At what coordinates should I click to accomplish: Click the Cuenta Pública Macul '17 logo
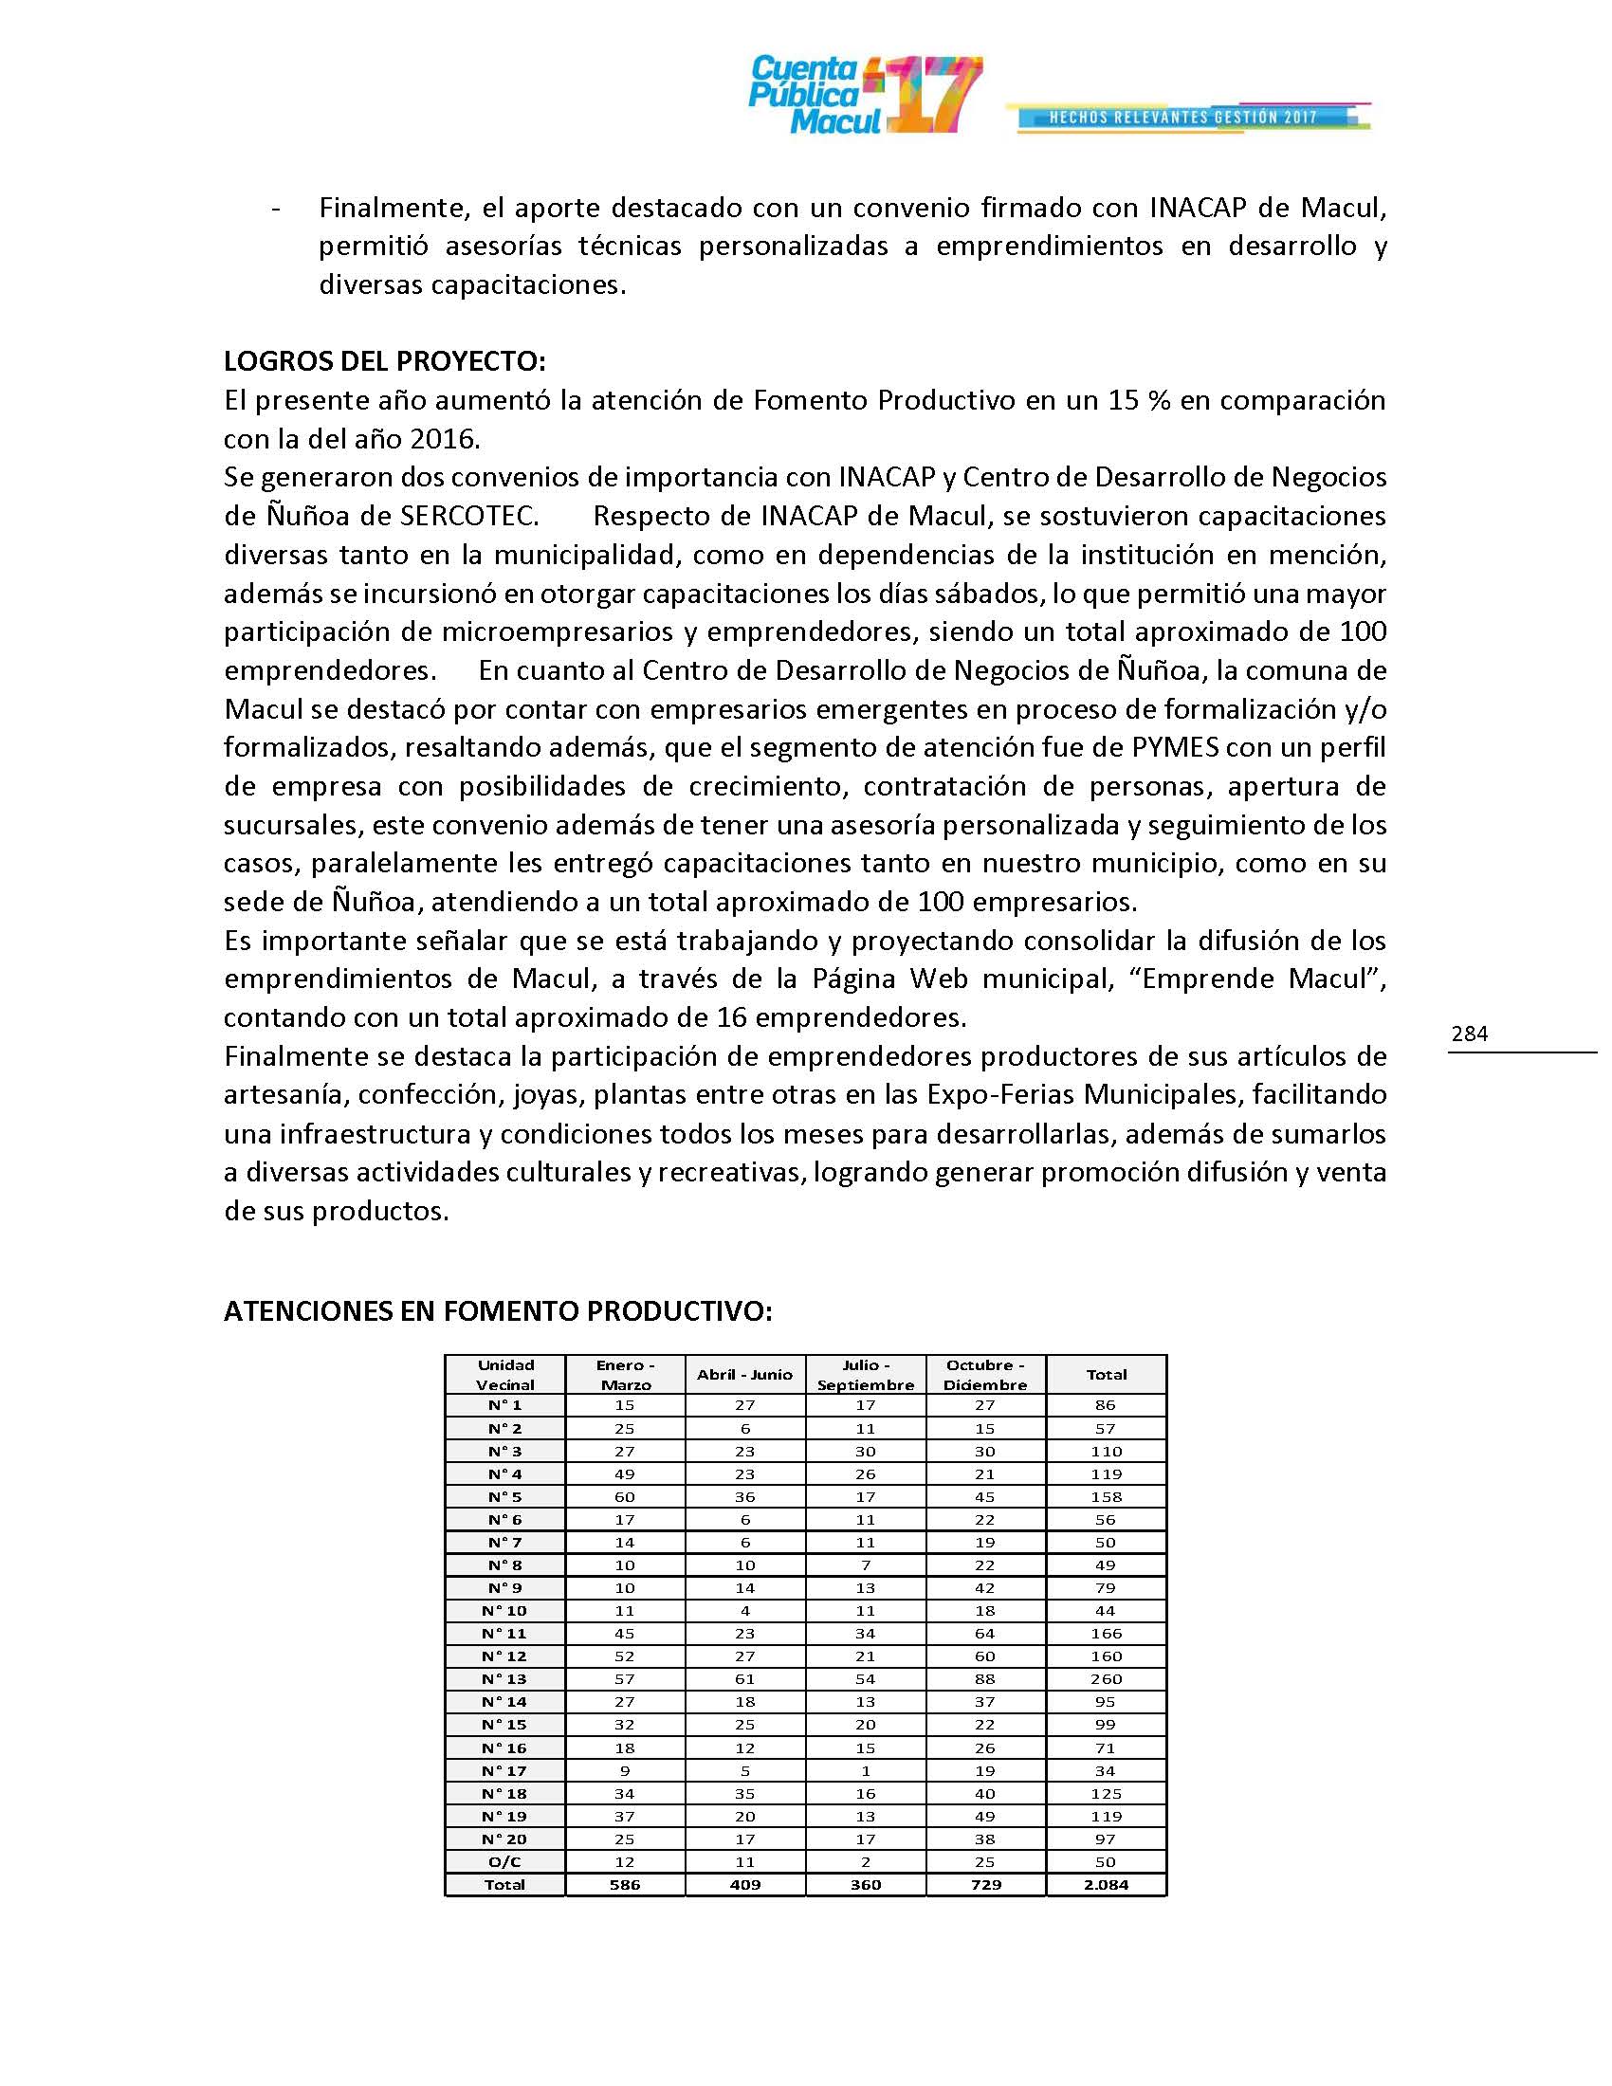[864, 94]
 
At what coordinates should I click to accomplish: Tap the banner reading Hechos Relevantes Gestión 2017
[1183, 118]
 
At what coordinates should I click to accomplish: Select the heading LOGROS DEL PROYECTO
[385, 361]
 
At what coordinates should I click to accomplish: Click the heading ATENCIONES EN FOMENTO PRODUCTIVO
[498, 1311]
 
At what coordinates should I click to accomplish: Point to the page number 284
[1470, 1034]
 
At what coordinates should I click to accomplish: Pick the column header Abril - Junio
[745, 1375]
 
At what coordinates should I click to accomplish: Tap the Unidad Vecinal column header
[505, 1375]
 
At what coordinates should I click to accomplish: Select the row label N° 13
[505, 1679]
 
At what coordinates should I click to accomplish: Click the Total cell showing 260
[1106, 1679]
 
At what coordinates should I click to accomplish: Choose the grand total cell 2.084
[1106, 1884]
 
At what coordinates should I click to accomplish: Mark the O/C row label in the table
[505, 1861]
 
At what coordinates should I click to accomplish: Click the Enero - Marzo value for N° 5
[625, 1496]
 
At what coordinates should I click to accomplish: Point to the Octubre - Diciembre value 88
[984, 1679]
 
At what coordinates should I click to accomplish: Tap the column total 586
[625, 1884]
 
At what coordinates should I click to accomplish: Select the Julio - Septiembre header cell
[865, 1375]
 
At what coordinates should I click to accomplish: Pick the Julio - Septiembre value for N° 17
[865, 1771]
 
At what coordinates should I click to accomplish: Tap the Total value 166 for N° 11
[1106, 1634]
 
